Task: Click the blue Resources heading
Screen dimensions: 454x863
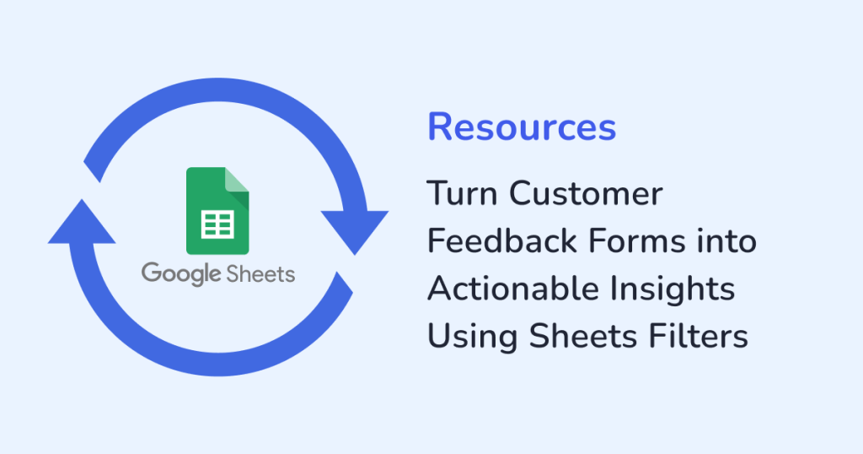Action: click(x=522, y=127)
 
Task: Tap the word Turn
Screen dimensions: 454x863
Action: click(x=462, y=193)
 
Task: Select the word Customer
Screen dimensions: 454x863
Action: click(x=586, y=193)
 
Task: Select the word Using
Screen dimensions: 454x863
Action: click(x=471, y=337)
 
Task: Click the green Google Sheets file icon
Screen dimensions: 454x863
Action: click(x=217, y=210)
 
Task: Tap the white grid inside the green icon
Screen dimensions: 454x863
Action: click(x=217, y=224)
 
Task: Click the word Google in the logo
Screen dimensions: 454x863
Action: click(x=174, y=273)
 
